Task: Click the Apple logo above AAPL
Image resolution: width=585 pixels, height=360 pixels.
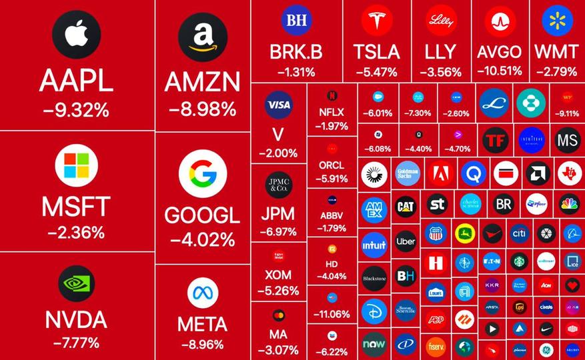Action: point(77,33)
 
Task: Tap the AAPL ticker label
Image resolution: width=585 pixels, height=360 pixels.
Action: point(76,81)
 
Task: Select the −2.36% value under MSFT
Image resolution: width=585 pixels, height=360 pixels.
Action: point(76,233)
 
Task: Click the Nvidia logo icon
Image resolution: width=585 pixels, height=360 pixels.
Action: point(77,285)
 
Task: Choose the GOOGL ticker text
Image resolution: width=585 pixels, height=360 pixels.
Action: point(203,215)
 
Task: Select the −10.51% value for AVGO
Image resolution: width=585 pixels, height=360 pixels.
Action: point(500,71)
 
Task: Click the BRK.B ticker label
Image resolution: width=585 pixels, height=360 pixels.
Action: point(296,52)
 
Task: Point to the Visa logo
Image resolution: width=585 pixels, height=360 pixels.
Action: point(279,104)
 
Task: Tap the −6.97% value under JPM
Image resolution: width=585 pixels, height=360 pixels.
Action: point(279,232)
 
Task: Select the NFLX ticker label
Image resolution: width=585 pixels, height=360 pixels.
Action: point(332,112)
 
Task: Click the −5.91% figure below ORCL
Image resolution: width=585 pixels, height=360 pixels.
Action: point(332,179)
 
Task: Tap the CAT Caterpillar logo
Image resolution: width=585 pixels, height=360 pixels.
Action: point(406,207)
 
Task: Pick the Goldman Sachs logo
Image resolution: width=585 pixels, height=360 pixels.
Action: point(407,174)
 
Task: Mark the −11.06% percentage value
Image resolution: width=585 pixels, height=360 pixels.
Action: point(332,313)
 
